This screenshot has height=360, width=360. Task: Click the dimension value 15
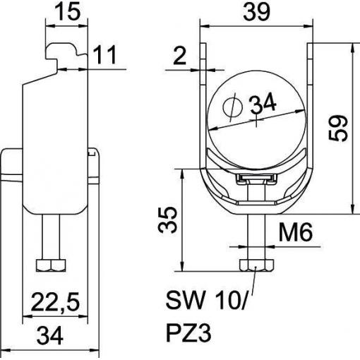67,11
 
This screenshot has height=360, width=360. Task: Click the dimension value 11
105,55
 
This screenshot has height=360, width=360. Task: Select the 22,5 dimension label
54,301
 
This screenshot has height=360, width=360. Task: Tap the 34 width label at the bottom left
50,335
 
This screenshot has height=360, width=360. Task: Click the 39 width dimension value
256,11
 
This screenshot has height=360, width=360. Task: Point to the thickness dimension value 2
180,56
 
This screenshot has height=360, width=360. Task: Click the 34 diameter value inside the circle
263,103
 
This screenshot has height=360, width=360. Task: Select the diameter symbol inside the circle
232,107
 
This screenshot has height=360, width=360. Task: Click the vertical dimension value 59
338,128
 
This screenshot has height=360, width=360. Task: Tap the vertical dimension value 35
167,220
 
